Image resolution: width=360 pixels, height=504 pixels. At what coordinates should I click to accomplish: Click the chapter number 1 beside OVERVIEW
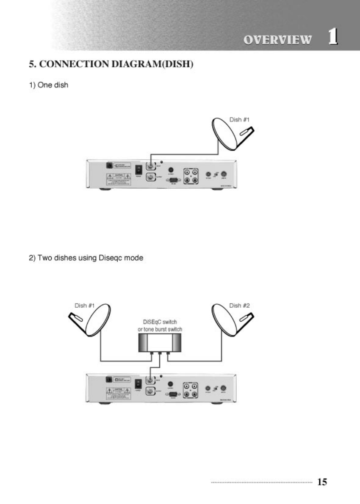click(x=333, y=37)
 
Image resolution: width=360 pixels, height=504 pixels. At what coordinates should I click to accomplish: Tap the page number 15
click(x=322, y=482)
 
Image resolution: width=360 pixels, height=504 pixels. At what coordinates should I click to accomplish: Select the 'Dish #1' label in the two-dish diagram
click(x=84, y=305)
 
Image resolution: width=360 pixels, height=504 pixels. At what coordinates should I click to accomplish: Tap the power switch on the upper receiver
click(x=138, y=169)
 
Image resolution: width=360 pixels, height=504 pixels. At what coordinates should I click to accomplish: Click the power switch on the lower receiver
click(x=138, y=384)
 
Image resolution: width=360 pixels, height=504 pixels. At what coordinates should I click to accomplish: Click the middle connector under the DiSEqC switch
click(x=160, y=353)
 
